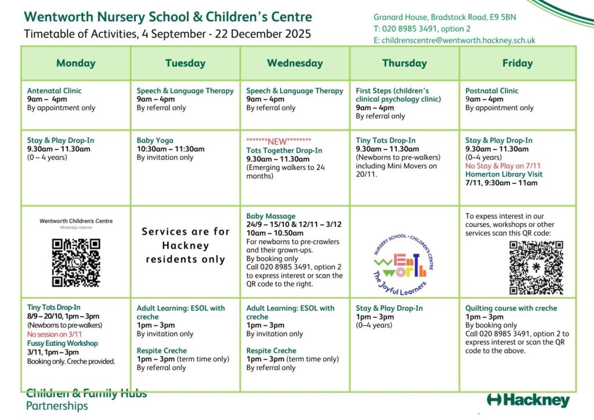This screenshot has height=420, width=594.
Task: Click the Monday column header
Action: point(76,63)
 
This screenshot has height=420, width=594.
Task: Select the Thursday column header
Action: point(404,63)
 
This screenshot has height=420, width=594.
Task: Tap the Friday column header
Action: point(517,63)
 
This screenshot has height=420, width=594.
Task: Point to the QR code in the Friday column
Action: point(536,267)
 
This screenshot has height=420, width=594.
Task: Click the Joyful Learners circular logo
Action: point(404,253)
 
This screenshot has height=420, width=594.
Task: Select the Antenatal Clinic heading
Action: point(55,90)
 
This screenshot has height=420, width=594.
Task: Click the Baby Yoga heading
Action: point(155,140)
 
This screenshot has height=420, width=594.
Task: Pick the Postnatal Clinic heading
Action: point(492,90)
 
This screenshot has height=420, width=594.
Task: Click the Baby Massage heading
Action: point(271,216)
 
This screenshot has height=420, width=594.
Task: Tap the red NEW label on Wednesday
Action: point(278,141)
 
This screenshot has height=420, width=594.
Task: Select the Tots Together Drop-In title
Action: point(284,150)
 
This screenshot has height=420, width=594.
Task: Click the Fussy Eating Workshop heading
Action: point(63,343)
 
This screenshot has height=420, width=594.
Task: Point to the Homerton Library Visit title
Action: point(504,174)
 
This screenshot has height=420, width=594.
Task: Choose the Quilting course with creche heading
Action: point(511,308)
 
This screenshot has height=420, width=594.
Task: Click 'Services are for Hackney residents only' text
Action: point(186,245)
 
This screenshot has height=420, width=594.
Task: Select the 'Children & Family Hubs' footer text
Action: point(86,394)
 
